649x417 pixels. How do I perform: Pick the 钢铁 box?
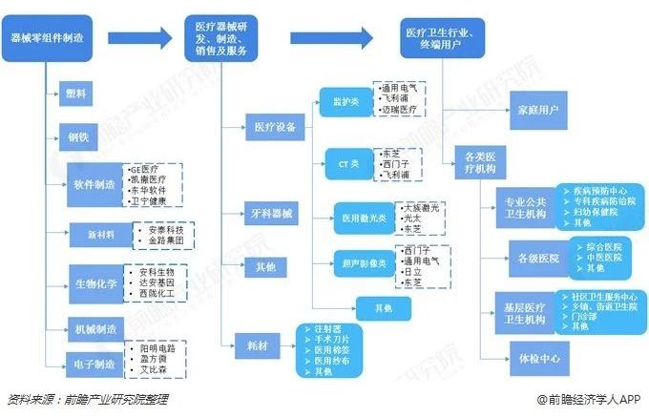[x=75, y=136]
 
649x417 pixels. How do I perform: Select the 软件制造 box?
[x=94, y=183]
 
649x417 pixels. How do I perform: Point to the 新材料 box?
[x=93, y=234]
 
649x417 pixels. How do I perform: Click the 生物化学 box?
[x=94, y=282]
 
